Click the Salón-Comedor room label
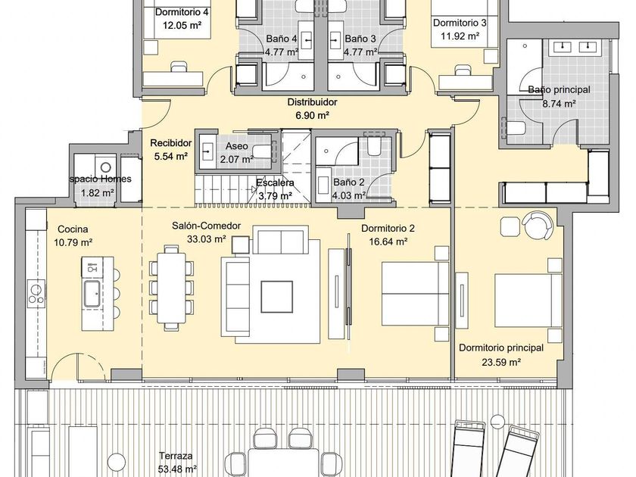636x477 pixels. [x=206, y=226]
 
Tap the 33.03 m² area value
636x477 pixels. [x=206, y=239]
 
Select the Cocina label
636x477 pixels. [x=73, y=229]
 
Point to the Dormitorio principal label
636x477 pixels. [x=501, y=348]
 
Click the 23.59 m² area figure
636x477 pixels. [x=501, y=362]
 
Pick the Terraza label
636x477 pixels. [x=176, y=456]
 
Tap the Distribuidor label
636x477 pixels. [x=312, y=102]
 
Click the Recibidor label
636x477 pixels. [x=171, y=143]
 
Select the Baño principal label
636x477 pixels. [x=559, y=89]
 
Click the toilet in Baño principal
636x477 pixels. [x=516, y=128]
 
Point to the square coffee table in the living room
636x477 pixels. [x=277, y=297]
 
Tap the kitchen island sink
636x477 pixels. [x=93, y=293]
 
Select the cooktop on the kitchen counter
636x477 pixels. [x=36, y=294]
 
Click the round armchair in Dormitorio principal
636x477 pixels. [x=538, y=225]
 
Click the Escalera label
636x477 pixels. [x=275, y=183]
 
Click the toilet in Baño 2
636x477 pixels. [x=373, y=146]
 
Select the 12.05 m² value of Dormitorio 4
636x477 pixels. [x=182, y=26]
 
